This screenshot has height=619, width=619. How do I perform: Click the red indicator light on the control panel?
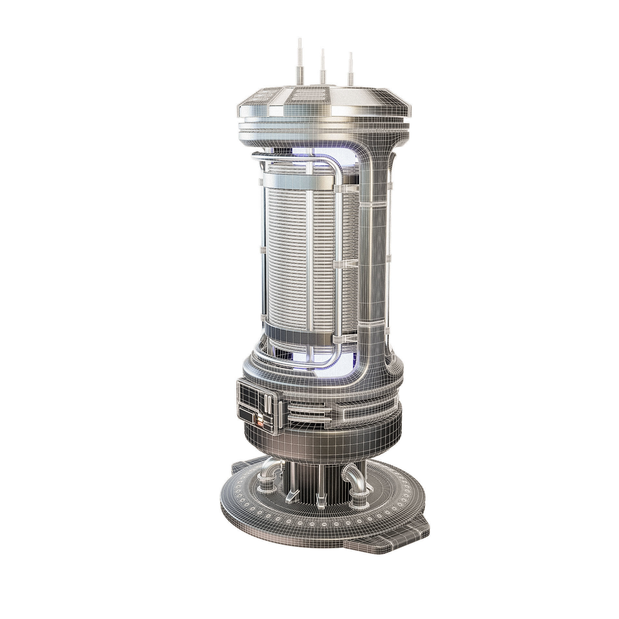260,425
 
